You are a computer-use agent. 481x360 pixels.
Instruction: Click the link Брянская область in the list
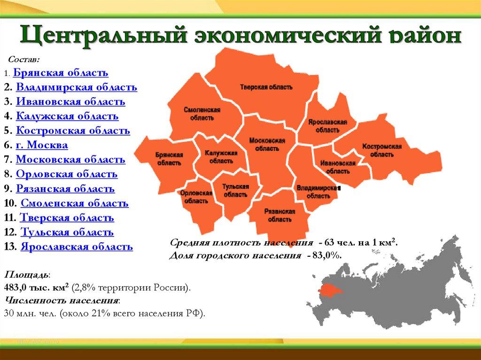coord(61,73)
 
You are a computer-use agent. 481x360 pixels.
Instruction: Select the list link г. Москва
coord(42,145)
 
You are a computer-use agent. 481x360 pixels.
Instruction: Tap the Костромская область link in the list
coord(73,130)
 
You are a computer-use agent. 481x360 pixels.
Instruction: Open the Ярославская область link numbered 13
coord(77,246)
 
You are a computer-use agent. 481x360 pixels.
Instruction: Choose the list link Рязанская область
coord(65,188)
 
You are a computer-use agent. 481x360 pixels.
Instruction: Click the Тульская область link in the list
coord(67,232)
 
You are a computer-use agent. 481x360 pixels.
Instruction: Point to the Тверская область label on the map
coord(266,87)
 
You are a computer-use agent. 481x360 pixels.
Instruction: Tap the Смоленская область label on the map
coord(202,114)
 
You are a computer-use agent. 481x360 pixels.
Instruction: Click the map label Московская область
coord(267,145)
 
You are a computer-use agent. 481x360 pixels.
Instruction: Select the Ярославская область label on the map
coord(327,126)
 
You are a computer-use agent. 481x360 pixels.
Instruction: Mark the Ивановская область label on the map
coord(338,167)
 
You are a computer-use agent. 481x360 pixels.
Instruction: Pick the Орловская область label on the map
coord(196,197)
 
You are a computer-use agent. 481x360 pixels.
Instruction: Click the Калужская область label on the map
coord(221,157)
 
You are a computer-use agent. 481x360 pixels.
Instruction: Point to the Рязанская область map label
coord(280,215)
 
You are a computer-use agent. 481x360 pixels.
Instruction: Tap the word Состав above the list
coord(23,59)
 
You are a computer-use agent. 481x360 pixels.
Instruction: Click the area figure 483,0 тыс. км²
coord(36,288)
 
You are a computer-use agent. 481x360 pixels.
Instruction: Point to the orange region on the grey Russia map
coord(330,290)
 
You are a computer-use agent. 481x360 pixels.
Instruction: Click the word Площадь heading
coord(27,275)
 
